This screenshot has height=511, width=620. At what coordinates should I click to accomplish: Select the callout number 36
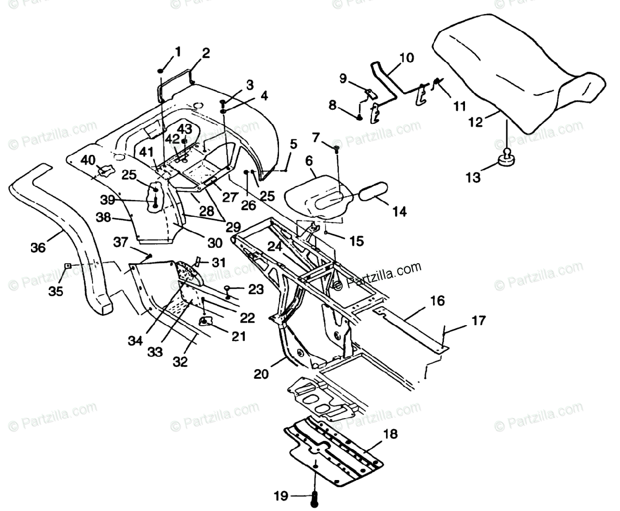(x=38, y=247)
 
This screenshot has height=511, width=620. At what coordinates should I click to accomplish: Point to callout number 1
(x=178, y=52)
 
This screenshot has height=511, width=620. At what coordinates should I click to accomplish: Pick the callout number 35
(x=56, y=291)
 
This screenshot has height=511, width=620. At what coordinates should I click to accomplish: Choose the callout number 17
(x=478, y=321)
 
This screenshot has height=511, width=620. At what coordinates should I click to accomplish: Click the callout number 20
(x=261, y=374)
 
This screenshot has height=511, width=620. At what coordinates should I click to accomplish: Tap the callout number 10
(x=407, y=57)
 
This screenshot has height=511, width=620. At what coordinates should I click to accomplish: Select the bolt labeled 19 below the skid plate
(x=314, y=498)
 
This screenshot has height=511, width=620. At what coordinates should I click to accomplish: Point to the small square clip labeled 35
(x=67, y=266)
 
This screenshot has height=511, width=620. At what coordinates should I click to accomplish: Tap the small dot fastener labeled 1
(x=161, y=71)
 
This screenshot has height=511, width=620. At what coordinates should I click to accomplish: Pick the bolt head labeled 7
(x=336, y=149)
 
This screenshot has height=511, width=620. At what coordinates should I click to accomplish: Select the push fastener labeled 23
(x=228, y=288)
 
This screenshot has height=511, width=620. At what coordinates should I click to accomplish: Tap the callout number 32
(x=180, y=362)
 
